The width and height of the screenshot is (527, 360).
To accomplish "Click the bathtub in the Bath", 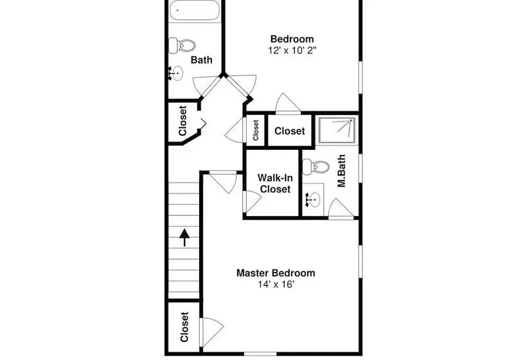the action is (194, 10).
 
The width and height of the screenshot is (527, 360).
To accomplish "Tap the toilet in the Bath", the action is (182, 46).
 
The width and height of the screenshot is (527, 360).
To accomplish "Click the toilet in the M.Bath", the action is (316, 166).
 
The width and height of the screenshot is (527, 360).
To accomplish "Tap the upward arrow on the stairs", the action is (184, 237).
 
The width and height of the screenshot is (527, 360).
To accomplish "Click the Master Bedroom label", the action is (276, 273).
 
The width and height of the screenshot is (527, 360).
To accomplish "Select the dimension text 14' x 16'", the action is (276, 285).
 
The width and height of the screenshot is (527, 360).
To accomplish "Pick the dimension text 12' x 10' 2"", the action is (292, 50).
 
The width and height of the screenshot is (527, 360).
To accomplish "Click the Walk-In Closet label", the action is (275, 183).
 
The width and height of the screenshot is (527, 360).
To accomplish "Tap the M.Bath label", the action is (341, 171).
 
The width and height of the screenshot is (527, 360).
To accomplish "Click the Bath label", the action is (201, 60).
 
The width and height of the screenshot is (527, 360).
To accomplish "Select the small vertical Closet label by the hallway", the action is (256, 130).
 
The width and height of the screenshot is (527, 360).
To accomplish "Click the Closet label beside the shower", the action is (289, 130).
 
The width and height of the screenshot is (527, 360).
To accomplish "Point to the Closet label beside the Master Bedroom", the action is (184, 327).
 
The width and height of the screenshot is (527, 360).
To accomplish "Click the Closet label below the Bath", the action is (183, 121).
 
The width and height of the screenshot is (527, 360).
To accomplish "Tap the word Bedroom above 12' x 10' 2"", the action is (292, 39).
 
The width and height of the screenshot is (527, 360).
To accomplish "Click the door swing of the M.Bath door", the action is (341, 208).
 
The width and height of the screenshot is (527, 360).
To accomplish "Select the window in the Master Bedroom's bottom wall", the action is (260, 354).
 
